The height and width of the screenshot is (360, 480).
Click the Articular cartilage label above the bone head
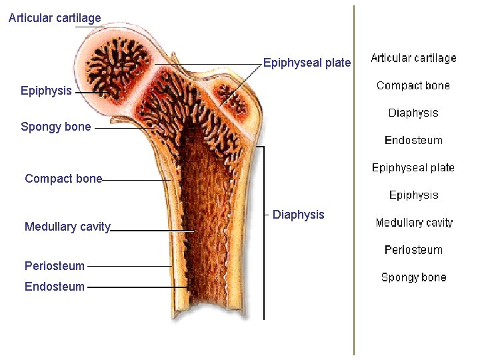[55, 18]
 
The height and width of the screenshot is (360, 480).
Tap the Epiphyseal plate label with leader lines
[307, 63]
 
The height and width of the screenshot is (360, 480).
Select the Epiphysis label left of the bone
[46, 91]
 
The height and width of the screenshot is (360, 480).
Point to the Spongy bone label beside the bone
[56, 127]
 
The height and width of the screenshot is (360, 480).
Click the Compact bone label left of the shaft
[63, 179]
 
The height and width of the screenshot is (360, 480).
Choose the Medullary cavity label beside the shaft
[67, 227]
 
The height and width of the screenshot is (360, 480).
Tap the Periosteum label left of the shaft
[55, 266]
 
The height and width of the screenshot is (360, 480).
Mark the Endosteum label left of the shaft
[55, 287]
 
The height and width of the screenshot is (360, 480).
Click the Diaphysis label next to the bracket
[299, 215]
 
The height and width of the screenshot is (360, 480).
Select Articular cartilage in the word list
[413, 58]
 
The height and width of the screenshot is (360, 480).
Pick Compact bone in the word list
[413, 85]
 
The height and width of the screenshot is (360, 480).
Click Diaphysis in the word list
[413, 113]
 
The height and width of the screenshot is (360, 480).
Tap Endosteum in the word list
[413, 140]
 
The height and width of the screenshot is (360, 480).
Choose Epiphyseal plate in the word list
[413, 167]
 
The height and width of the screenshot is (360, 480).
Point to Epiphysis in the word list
[413, 195]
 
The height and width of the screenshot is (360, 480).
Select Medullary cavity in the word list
[413, 222]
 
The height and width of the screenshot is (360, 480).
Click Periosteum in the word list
[413, 249]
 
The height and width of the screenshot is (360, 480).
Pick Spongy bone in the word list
[413, 277]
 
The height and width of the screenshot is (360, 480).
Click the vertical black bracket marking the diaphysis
[265, 233]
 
